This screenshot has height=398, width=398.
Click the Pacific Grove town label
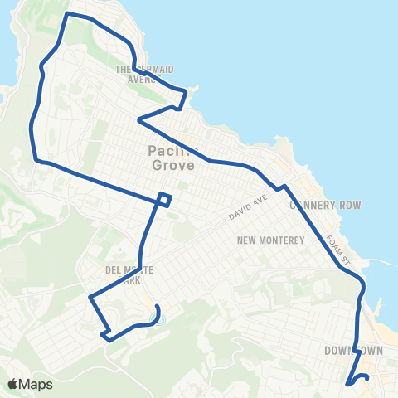coord(171,158)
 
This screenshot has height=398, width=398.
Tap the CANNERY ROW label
coord(325,205)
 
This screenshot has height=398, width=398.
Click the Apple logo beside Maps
coord(13,384)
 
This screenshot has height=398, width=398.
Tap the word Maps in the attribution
coord(36,384)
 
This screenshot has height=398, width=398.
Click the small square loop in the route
coord(165,199)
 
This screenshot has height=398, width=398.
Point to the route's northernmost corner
coord(67,14)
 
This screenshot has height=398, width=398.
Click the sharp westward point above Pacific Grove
coord(138,121)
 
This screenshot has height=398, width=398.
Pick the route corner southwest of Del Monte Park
coord(90,296)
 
